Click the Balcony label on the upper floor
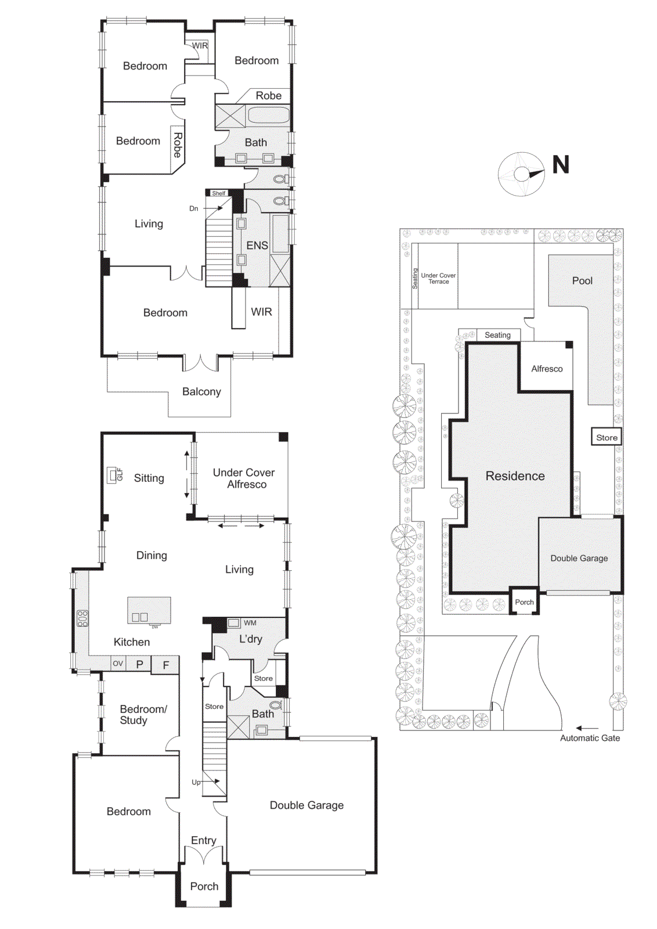coord(201,392)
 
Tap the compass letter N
coord(561,165)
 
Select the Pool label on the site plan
coord(582,281)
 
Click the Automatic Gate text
coord(590,738)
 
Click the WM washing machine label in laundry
coord(250,623)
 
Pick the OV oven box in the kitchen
coord(118,664)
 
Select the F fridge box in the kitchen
coord(166,665)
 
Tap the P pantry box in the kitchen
coord(139,664)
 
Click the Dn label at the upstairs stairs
coord(194,208)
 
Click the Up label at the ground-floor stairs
coord(196,782)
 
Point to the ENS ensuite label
coord(257,246)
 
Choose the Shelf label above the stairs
coord(219,193)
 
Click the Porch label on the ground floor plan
coord(204,887)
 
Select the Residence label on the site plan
coord(515,476)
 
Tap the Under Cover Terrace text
coord(438,279)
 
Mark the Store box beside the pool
coord(607,438)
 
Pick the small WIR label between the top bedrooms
coord(200,46)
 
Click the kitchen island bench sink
coord(140,617)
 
